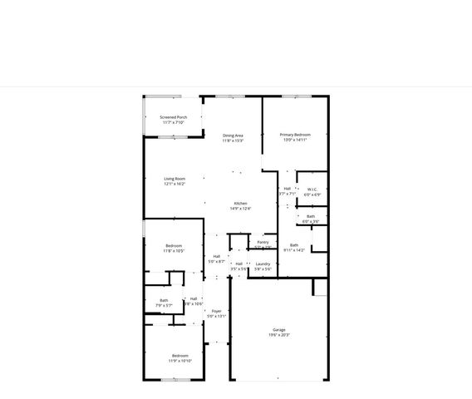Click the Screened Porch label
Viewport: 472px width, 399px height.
click(x=174, y=117)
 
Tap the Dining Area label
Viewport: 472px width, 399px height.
click(x=233, y=135)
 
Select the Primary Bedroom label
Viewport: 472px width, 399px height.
click(x=295, y=135)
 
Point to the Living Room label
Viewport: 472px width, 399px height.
click(x=175, y=179)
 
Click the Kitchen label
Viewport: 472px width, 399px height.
click(x=240, y=204)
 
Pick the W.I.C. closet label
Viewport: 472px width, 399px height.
click(x=312, y=190)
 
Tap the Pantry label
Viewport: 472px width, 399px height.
click(x=263, y=242)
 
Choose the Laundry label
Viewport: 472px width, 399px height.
click(x=263, y=264)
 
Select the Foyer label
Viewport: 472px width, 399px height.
click(x=216, y=311)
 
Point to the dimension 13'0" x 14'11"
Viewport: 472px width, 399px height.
click(x=295, y=140)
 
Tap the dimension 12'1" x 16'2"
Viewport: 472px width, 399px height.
click(x=175, y=184)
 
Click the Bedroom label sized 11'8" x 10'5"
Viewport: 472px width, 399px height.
click(x=174, y=245)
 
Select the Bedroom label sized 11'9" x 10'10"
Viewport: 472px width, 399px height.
click(x=180, y=356)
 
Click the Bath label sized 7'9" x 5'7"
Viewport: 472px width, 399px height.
click(x=164, y=300)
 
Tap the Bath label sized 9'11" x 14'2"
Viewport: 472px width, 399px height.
click(x=294, y=245)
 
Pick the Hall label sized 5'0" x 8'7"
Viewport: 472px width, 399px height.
click(x=217, y=256)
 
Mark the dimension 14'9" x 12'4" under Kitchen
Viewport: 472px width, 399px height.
click(x=240, y=209)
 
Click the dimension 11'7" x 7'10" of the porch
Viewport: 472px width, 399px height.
click(x=174, y=122)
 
